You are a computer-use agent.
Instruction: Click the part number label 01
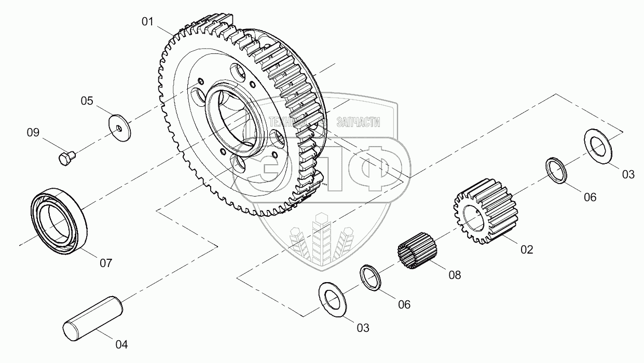coord(148,22)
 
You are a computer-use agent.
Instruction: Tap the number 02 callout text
coord(526,249)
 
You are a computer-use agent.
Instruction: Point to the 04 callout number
coord(121,344)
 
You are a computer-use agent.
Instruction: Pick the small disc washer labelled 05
coord(120,127)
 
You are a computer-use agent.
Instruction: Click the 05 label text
coord(87,101)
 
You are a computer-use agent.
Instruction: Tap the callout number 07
coord(106,263)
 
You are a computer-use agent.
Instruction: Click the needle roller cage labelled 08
coord(416,250)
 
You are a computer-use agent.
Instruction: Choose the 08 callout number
coord(455,275)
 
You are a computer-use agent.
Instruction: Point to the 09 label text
coord(33,133)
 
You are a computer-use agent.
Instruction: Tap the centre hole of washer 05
coord(120,127)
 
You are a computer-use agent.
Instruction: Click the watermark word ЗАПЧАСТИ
coord(358,122)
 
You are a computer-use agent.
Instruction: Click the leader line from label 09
coord(51,145)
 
